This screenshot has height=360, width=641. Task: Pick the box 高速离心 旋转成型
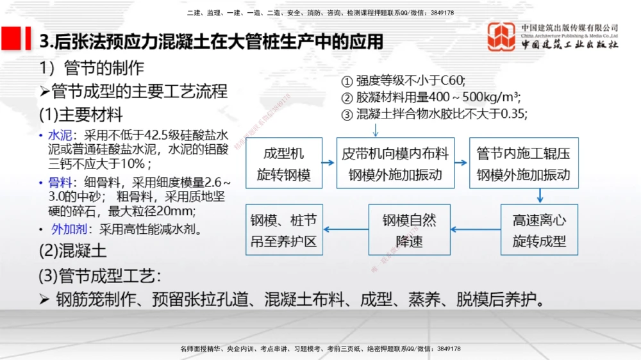[539, 230]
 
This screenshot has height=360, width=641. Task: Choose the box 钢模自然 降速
[410, 230]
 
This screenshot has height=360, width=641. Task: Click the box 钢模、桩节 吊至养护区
[284, 230]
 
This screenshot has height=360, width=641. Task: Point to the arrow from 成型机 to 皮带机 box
[329, 163]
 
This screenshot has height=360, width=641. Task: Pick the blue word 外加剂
[69, 230]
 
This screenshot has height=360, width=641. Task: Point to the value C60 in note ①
[453, 81]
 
